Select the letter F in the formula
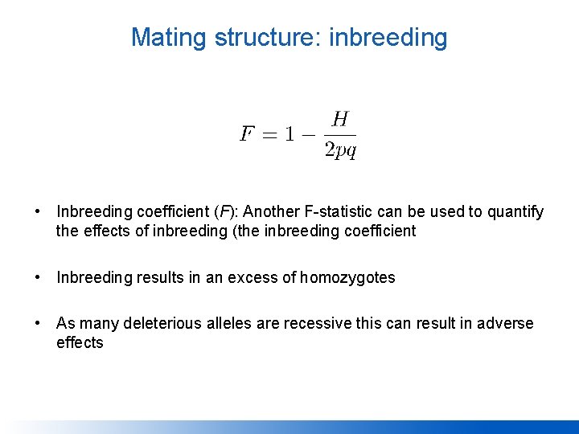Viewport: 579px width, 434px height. click(248, 133)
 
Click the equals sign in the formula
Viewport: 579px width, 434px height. click(271, 134)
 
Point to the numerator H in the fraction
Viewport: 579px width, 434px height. click(340, 119)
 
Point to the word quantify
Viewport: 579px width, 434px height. click(515, 212)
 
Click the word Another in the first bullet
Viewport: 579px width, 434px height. click(269, 212)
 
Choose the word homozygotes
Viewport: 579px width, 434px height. click(347, 278)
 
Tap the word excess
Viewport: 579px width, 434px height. click(255, 278)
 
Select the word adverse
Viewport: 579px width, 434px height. click(505, 324)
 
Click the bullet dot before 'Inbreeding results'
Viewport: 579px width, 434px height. click(38, 278)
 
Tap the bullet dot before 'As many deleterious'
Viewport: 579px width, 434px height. click(38, 324)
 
